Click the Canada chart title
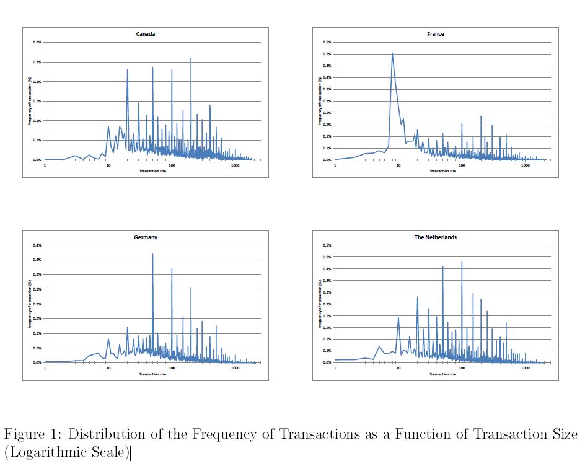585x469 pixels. [x=146, y=34]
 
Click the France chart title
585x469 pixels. [x=436, y=34]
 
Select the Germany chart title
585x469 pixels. [x=146, y=237]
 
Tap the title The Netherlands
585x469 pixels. [x=436, y=237]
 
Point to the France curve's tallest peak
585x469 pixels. [x=392, y=53]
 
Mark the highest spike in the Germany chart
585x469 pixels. [x=152, y=254]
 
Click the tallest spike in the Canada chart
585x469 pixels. [x=191, y=58]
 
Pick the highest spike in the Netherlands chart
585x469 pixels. [x=462, y=261]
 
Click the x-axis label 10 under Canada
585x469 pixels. [x=108, y=165]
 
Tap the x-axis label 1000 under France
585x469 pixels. [x=526, y=165]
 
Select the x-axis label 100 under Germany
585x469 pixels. [x=172, y=369]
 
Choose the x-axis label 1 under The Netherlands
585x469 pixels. [x=335, y=369]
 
